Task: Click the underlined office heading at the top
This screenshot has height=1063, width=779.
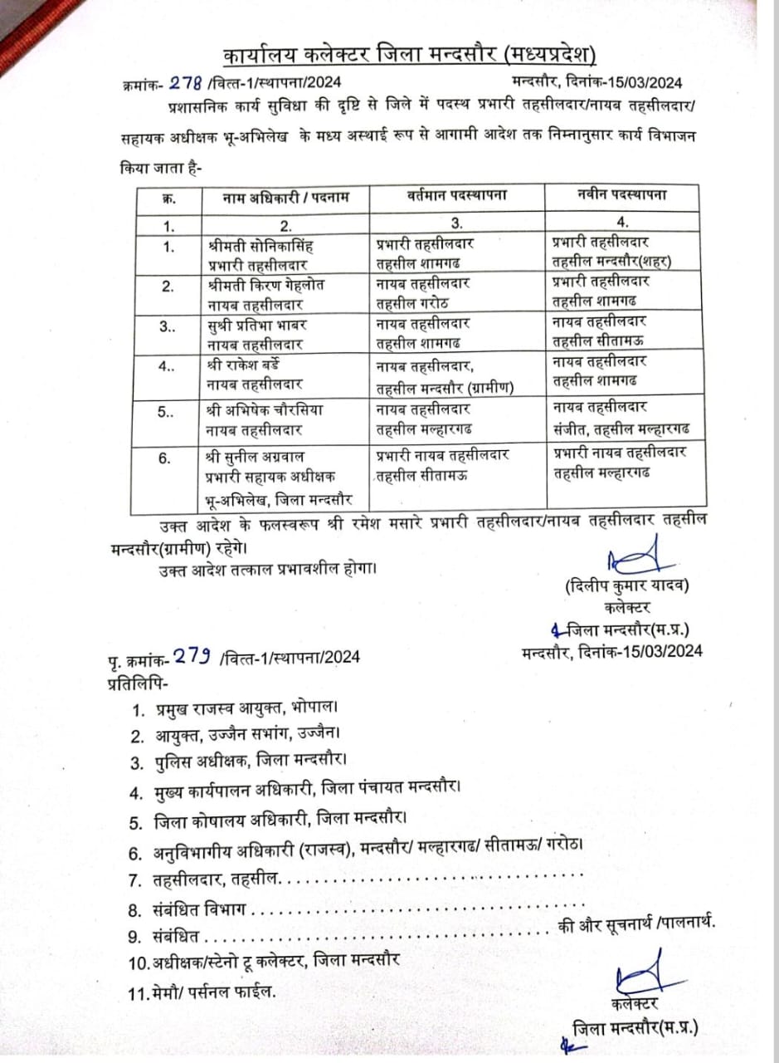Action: coord(410,56)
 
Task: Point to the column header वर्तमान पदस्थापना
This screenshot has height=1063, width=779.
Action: coord(457,196)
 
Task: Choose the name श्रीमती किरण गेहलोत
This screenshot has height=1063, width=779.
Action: coord(266,285)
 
